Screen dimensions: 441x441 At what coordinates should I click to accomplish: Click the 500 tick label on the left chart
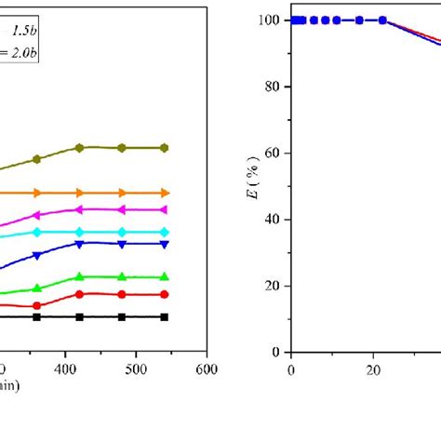tap(136, 368)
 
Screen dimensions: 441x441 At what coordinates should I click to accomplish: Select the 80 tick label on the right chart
tap(274, 87)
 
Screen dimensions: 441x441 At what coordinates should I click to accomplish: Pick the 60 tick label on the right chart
tap(274, 154)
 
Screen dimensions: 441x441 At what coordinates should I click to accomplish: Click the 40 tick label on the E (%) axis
tap(274, 220)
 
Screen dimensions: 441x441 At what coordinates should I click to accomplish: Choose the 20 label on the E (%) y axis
tap(274, 287)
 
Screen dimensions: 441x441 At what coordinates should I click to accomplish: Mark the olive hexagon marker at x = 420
tap(79, 147)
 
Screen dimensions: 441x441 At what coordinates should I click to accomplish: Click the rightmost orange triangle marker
tap(165, 193)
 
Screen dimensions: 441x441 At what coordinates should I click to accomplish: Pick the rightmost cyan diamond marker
tap(165, 232)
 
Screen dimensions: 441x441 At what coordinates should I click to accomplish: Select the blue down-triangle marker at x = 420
tap(79, 244)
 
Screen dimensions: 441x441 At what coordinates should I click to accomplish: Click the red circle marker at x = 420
tap(79, 294)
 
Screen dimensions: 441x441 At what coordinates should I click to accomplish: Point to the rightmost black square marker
tap(165, 317)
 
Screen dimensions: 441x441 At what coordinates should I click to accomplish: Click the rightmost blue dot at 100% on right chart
tap(383, 20)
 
